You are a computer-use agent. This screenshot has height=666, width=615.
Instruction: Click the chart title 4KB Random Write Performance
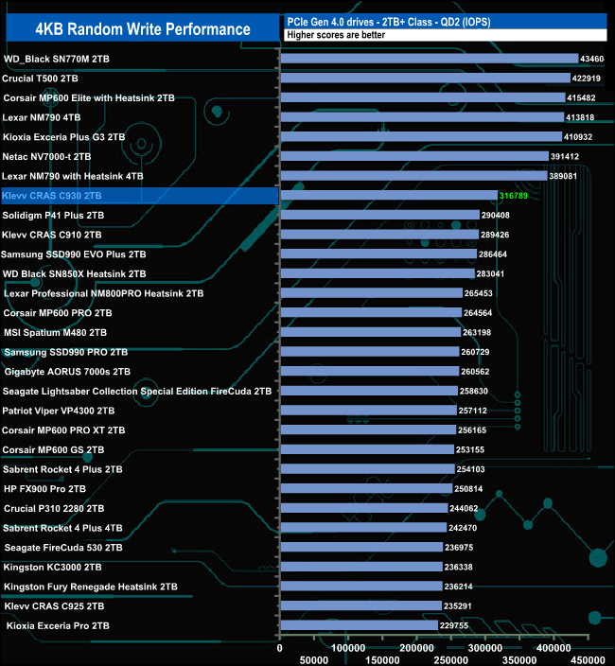(x=142, y=28)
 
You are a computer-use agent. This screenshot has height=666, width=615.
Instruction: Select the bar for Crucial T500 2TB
(x=426, y=78)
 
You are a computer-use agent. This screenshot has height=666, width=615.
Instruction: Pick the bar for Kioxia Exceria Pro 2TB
(x=360, y=625)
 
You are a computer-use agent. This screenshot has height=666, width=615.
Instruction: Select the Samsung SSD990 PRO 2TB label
(x=66, y=352)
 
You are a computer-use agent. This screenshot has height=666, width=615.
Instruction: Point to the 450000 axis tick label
(x=589, y=659)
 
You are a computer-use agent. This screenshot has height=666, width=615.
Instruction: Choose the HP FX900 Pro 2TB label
(x=45, y=488)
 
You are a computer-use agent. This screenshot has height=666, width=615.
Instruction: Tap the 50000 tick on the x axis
(x=314, y=659)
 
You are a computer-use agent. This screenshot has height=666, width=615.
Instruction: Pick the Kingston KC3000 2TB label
(x=53, y=567)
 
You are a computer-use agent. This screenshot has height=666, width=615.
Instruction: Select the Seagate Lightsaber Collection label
(x=137, y=391)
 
